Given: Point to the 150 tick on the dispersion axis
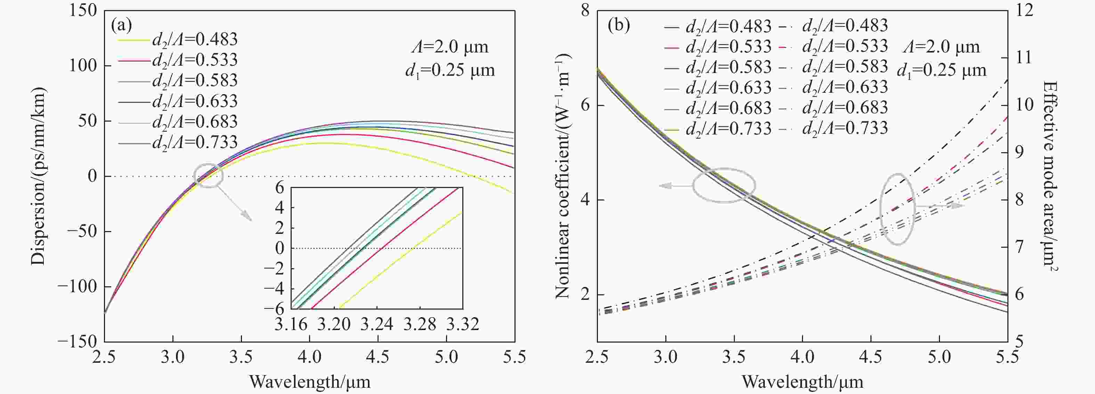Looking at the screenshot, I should [x=83, y=11].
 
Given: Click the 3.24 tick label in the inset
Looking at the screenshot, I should [x=376, y=324].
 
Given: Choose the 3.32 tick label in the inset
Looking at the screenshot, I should [x=462, y=324].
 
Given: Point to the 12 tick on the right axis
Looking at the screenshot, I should [x=1024, y=11].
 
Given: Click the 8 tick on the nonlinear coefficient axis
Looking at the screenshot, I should [x=586, y=11].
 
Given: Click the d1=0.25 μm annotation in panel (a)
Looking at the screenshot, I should [x=450, y=69].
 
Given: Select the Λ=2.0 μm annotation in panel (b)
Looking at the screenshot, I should [x=941, y=46].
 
